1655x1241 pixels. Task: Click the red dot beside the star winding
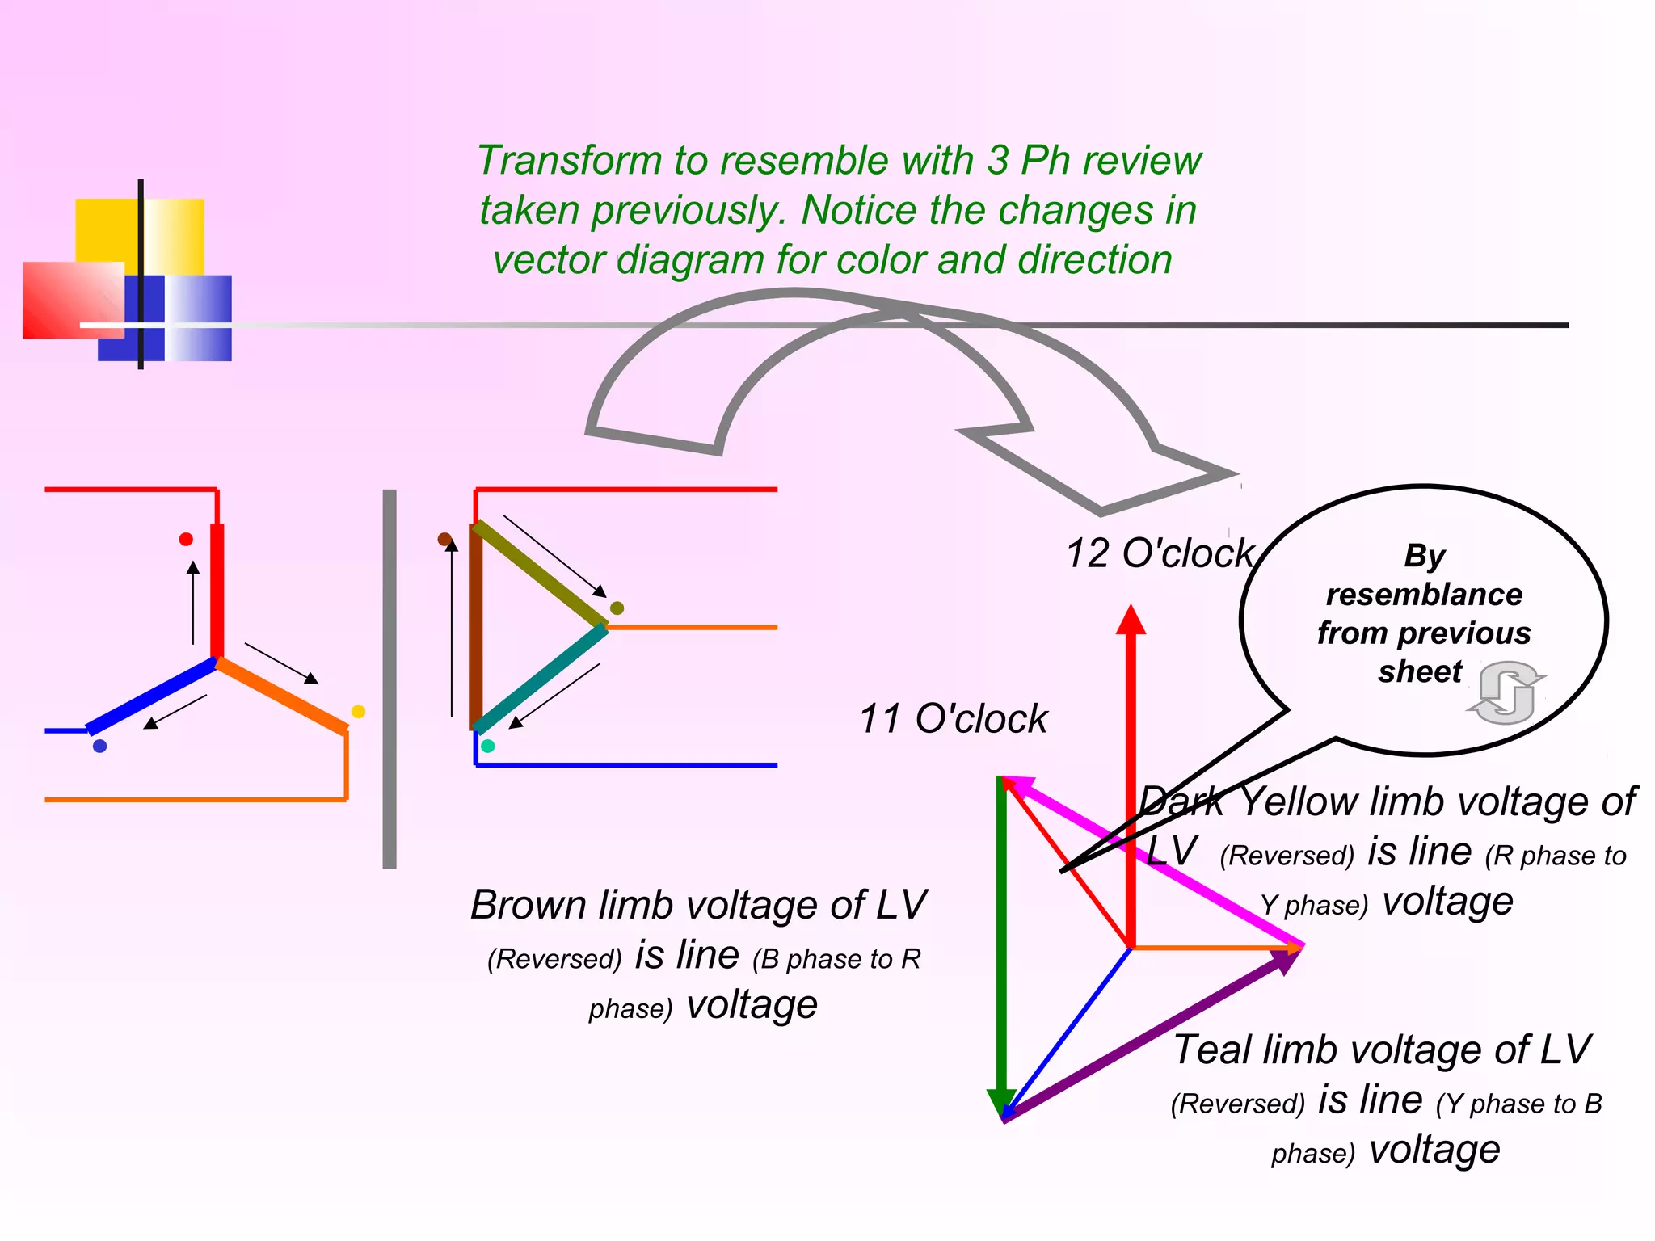click(x=186, y=539)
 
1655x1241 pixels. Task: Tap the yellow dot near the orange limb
click(x=359, y=711)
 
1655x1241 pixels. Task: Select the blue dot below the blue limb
click(x=100, y=746)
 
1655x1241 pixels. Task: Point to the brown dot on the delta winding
click(x=444, y=539)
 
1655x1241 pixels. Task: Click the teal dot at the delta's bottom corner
click(x=487, y=746)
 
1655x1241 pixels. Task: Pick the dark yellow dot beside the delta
click(x=617, y=608)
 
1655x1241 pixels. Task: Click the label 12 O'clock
click(x=1160, y=554)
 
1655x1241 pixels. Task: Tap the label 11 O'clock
click(x=953, y=718)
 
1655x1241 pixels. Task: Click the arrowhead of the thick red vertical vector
click(x=1131, y=620)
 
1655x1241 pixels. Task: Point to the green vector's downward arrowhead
click(x=1001, y=1102)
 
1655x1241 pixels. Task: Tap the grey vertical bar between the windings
click(x=390, y=679)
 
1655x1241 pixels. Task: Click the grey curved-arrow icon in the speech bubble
click(x=1506, y=692)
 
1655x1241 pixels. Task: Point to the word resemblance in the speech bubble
click(x=1424, y=595)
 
